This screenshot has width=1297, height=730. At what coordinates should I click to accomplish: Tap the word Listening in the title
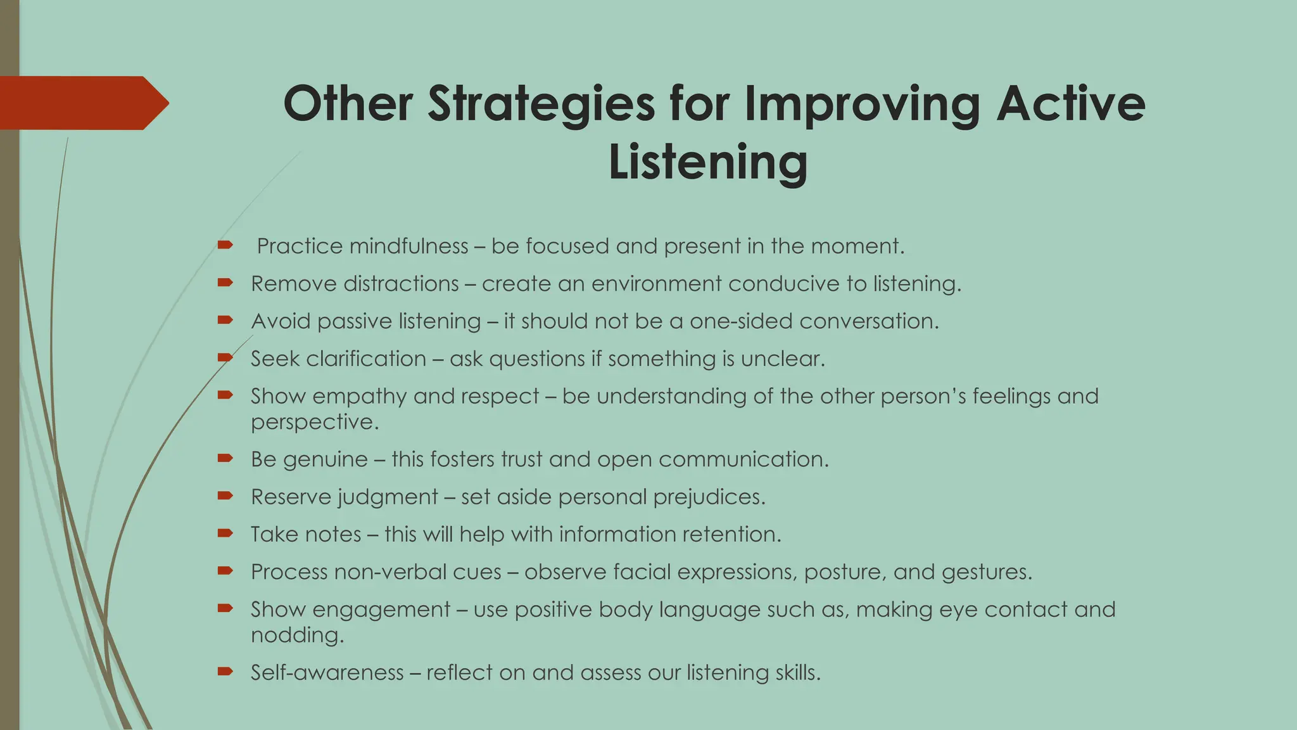(x=708, y=162)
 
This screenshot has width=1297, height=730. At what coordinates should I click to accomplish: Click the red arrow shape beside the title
(x=82, y=103)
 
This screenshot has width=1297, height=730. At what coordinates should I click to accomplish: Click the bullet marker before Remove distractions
(x=225, y=283)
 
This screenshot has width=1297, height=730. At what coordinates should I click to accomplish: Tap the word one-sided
(x=741, y=321)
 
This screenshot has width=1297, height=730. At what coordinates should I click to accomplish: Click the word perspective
(x=314, y=422)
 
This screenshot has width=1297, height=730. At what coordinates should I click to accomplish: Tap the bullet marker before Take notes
(x=225, y=534)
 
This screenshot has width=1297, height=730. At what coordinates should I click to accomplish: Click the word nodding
(x=296, y=635)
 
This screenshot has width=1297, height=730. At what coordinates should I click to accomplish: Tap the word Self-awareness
(x=327, y=672)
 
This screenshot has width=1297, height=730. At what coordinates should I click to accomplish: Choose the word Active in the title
(x=1070, y=104)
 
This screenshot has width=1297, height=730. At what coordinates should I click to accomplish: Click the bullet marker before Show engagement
(x=225, y=608)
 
